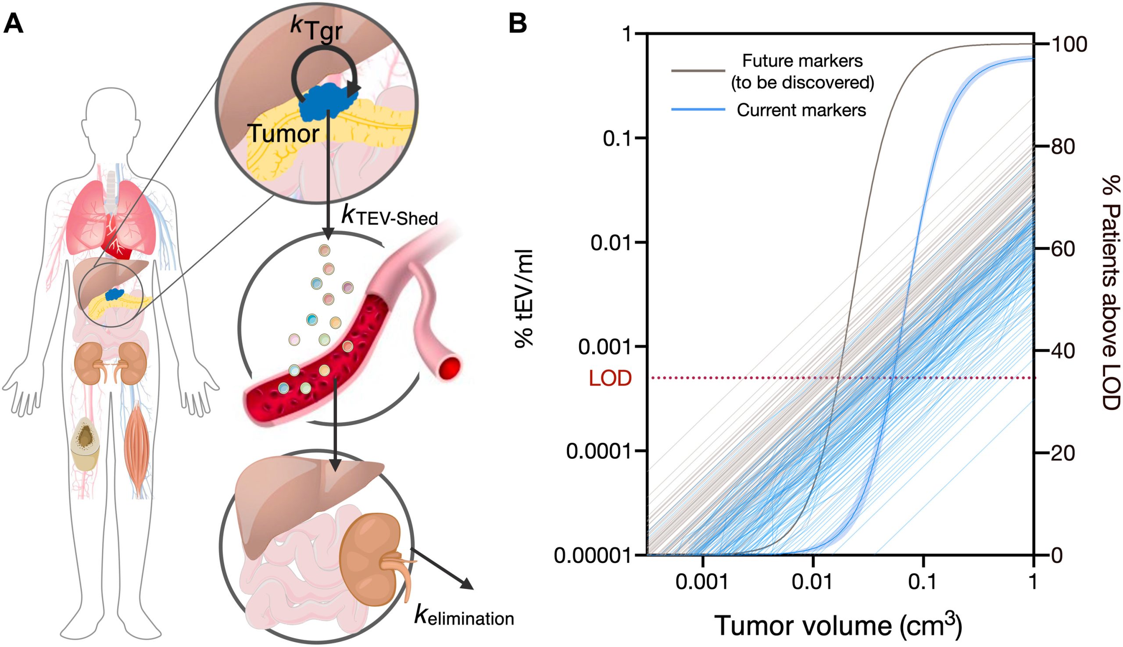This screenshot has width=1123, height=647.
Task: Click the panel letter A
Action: [x=13, y=23]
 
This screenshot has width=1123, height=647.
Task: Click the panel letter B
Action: [x=517, y=23]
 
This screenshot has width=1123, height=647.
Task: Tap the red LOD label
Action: [x=610, y=378]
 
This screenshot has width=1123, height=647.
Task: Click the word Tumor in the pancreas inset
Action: [x=283, y=132]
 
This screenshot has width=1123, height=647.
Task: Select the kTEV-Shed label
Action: [x=389, y=216]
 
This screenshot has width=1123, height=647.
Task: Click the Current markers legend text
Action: [x=801, y=110]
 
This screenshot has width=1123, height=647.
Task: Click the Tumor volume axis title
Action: [x=838, y=625]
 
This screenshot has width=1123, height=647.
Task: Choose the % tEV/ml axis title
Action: [x=525, y=298]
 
